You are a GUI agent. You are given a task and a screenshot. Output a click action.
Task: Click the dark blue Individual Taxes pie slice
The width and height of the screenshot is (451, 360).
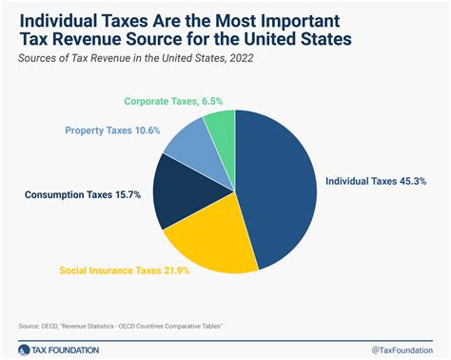pyautogui.click(x=282, y=190)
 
